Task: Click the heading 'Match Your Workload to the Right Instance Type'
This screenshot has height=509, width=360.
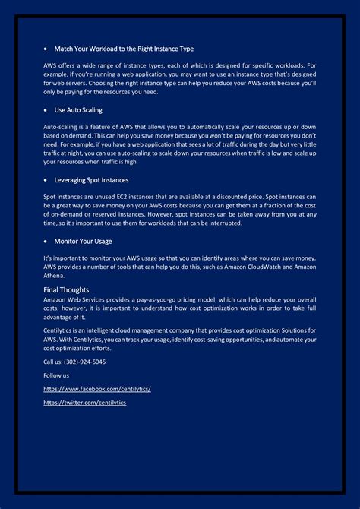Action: point(124,49)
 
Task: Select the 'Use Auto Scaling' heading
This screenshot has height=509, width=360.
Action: point(78,110)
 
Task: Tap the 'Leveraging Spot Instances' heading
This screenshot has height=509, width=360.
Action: point(91,180)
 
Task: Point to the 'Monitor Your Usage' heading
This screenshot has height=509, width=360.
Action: point(83,241)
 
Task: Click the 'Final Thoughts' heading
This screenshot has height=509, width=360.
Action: point(66,289)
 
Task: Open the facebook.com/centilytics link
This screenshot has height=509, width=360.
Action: point(97,389)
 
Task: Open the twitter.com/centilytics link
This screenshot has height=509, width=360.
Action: point(85,403)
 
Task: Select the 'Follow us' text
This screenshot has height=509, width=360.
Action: point(56,375)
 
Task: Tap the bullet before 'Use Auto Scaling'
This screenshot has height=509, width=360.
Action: point(46,111)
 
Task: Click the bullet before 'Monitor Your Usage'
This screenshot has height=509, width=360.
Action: point(46,242)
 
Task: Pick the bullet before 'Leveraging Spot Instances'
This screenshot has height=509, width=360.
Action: point(46,181)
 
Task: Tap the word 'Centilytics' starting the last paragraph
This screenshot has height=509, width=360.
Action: point(59,330)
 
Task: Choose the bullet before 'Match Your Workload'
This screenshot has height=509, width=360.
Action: point(46,49)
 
